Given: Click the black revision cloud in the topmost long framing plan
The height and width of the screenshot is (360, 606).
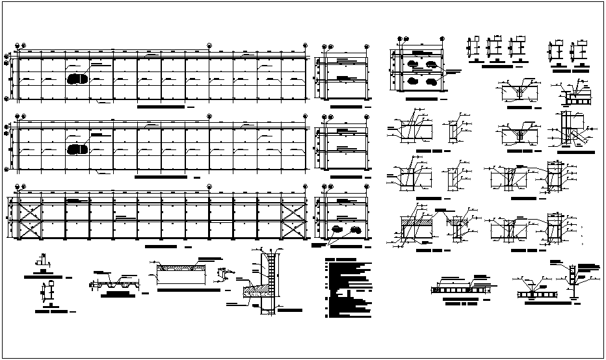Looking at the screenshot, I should tap(77, 79).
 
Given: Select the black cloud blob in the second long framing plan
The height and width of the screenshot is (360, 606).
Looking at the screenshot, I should tap(77, 149).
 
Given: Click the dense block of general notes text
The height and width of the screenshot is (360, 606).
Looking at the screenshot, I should tap(348, 289).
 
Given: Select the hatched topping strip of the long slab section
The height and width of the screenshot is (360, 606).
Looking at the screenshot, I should tap(178, 267).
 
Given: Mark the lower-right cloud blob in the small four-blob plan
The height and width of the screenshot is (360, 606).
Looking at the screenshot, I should tap(431, 83).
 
